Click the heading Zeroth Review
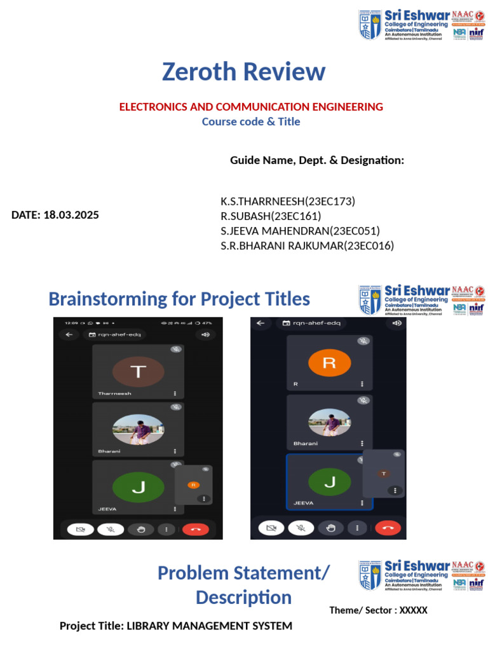click(243, 72)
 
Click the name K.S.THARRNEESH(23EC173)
click(288, 202)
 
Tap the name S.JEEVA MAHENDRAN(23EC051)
click(301, 231)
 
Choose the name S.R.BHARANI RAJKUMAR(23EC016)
click(308, 245)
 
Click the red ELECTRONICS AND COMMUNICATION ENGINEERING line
click(251, 107)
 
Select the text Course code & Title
click(251, 121)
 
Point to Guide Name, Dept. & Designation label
click(317, 160)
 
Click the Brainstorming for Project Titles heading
click(179, 299)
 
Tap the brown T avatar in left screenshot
click(138, 373)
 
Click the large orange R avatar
click(329, 363)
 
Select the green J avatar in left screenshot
click(138, 488)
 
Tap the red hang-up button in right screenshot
click(388, 528)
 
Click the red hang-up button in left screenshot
click(195, 529)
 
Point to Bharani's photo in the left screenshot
click(138, 430)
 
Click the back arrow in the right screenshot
click(260, 323)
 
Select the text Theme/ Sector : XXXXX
click(378, 610)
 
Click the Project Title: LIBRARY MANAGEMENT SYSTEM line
click(176, 626)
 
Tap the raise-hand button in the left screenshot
click(140, 529)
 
